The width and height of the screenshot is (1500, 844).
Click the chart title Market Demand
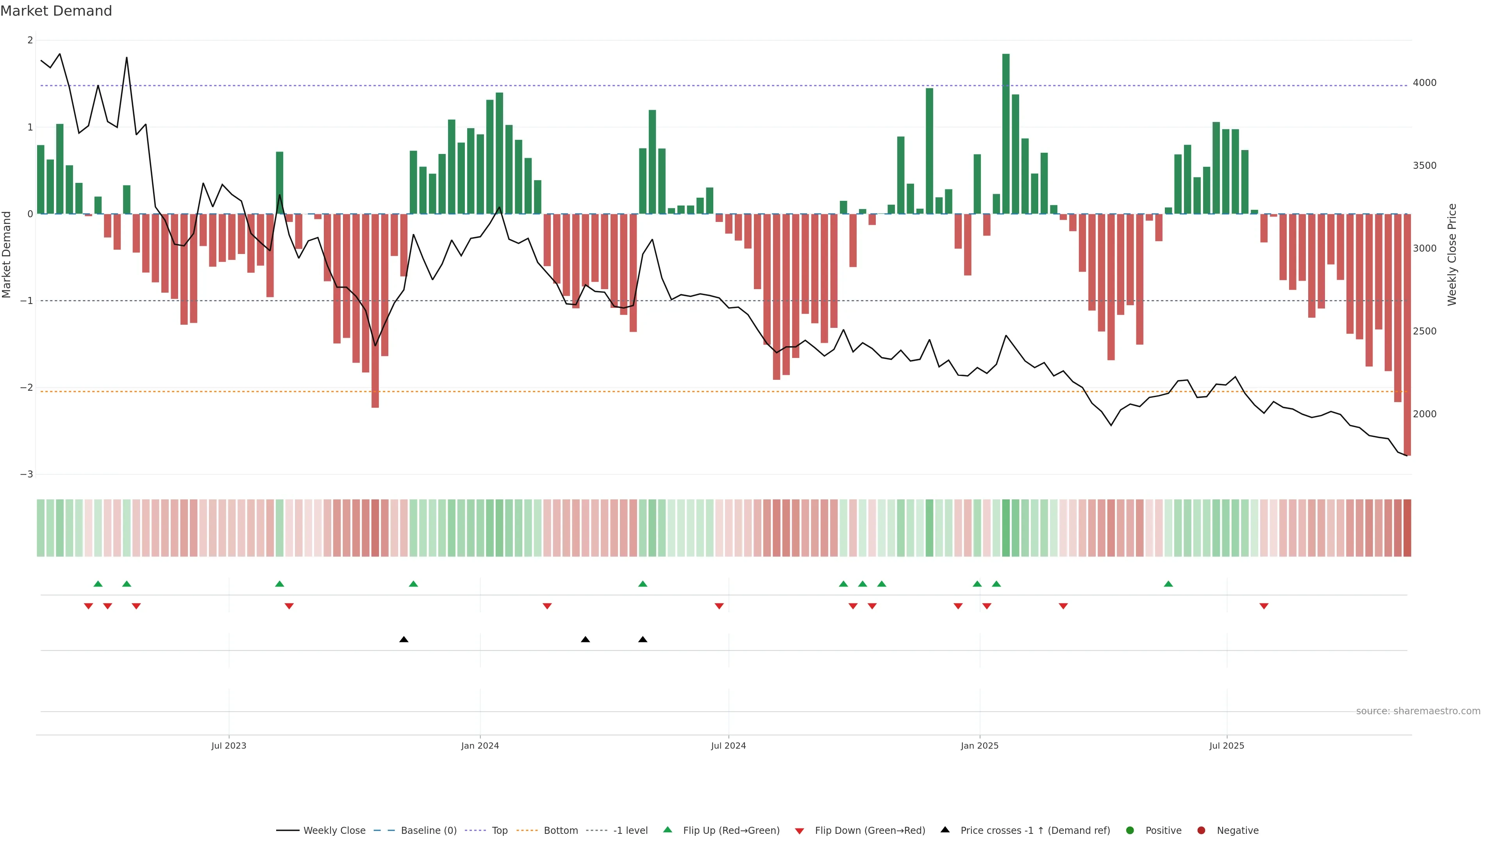click(56, 11)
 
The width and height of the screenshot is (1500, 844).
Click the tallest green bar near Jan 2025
click(1005, 134)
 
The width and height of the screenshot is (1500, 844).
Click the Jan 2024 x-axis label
click(480, 746)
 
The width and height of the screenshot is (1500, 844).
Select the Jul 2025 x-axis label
click(1226, 746)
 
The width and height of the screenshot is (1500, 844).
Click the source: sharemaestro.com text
click(1418, 711)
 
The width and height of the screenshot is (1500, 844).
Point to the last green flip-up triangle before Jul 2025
click(1168, 584)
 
